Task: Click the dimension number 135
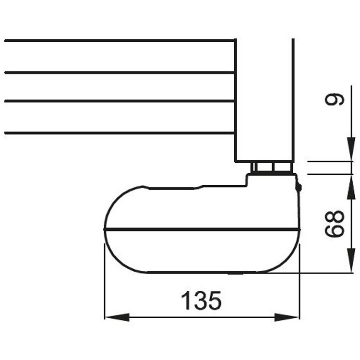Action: pos(201,301)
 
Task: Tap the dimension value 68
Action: pos(335,224)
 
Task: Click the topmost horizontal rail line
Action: pos(120,41)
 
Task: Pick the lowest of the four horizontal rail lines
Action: pos(120,132)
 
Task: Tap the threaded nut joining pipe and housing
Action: pos(271,168)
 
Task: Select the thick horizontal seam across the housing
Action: pos(202,229)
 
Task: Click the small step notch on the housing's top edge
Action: pos(202,187)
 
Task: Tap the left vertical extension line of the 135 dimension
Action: pos(104,283)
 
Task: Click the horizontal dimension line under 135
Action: pos(202,317)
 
